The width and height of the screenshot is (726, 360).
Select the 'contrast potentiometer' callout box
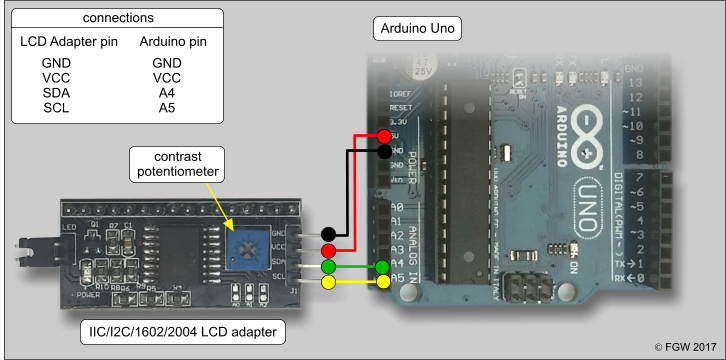point(177,165)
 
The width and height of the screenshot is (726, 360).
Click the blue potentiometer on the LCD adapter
point(245,241)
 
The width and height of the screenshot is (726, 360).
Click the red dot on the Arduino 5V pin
point(385,136)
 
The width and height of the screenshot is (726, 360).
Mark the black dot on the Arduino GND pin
point(385,152)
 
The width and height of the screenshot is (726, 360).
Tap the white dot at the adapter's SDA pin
point(328,267)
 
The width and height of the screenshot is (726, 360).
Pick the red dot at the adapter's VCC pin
point(328,249)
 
